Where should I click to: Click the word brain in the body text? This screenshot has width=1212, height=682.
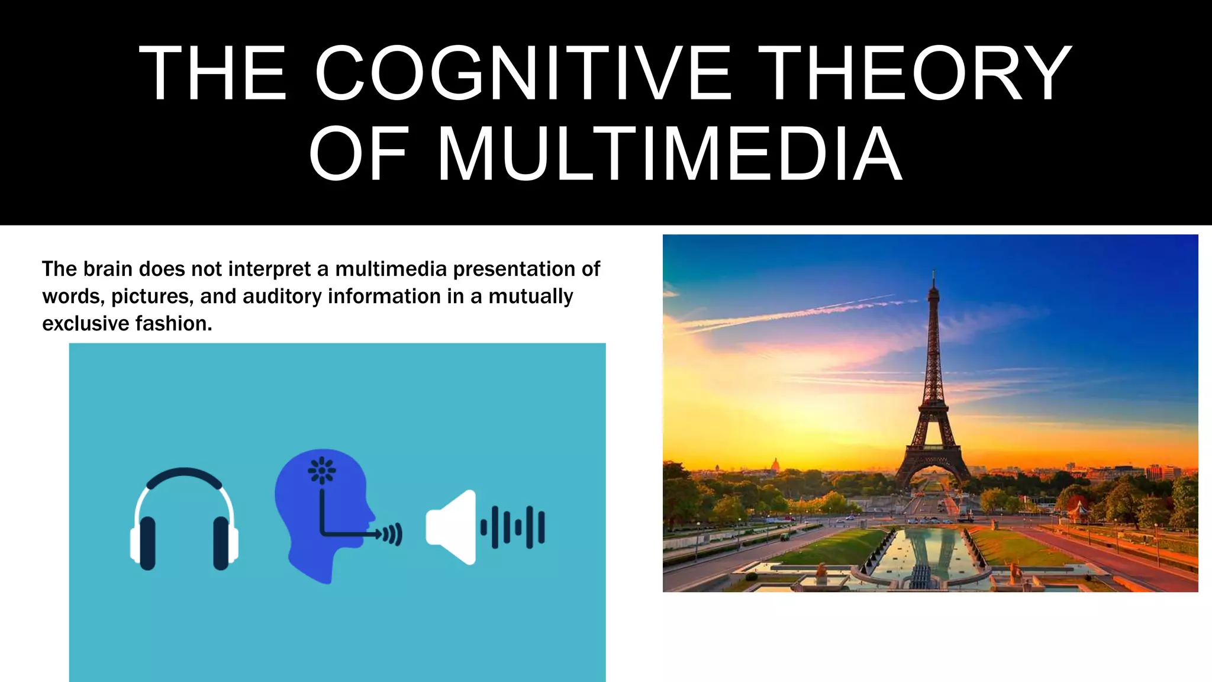[x=107, y=269]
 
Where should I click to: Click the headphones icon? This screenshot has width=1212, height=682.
[x=184, y=519]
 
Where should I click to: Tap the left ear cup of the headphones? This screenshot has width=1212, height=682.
[x=146, y=542]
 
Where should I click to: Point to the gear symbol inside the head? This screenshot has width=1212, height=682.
[x=322, y=471]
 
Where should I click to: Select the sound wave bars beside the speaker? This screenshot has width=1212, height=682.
[x=513, y=527]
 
